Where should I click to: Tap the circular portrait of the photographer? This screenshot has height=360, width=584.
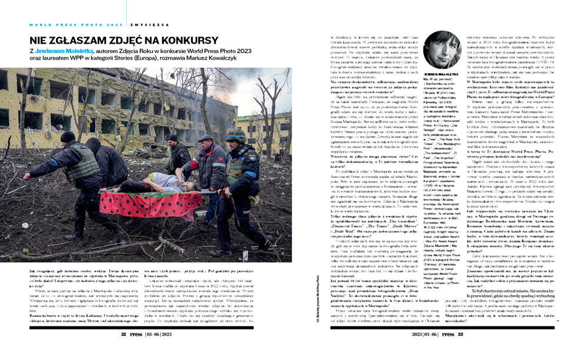click(x=442, y=49)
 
